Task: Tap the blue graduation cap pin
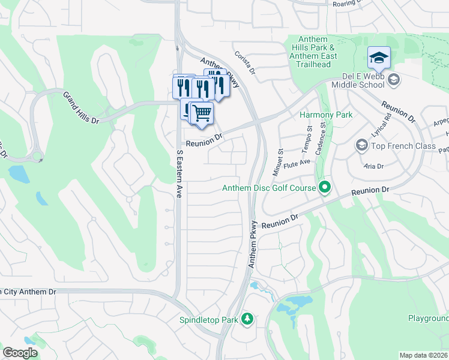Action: [379, 58]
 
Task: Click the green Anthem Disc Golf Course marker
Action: [325, 188]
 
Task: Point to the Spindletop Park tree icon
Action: [247, 319]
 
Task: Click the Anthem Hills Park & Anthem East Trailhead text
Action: [314, 47]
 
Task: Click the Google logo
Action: [20, 353]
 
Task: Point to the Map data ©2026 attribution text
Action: [424, 355]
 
